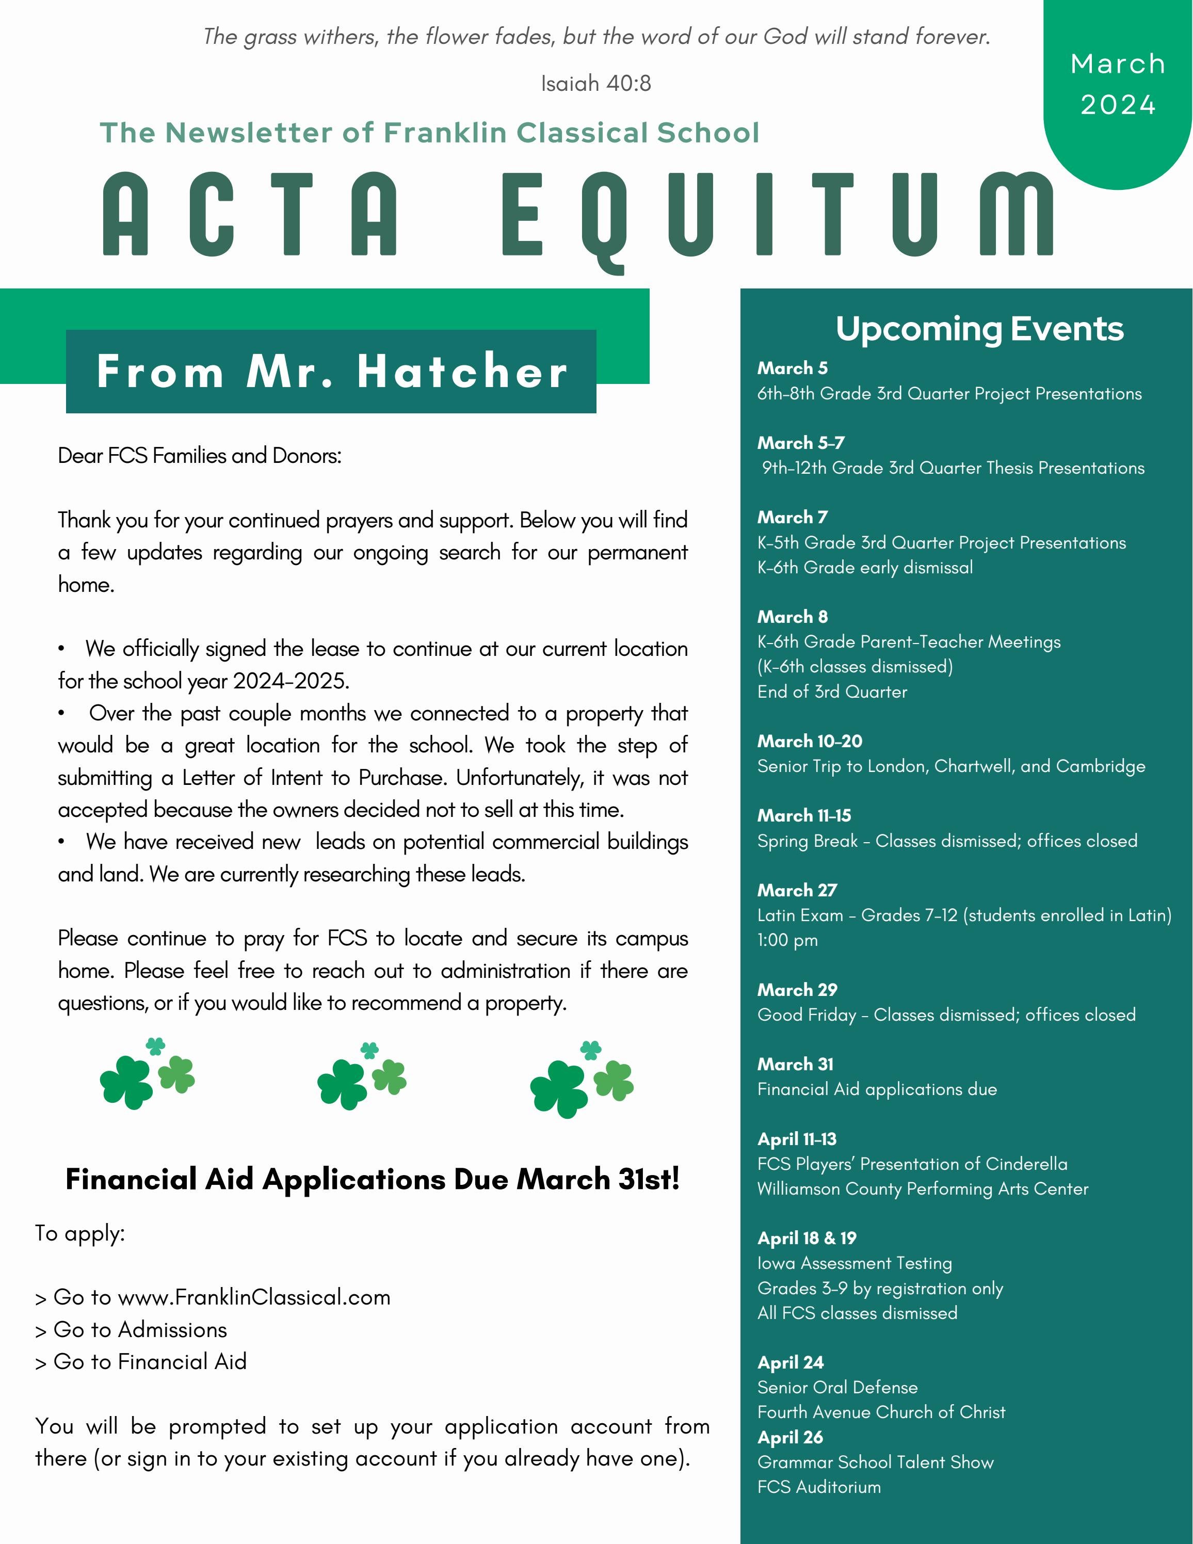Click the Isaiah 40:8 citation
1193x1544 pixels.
(596, 84)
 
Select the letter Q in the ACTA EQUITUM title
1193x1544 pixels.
(603, 219)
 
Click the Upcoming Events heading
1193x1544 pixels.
(979, 329)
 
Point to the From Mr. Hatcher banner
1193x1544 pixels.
(331, 371)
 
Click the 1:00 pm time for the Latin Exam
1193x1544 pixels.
(787, 940)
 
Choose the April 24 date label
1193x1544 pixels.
(790, 1362)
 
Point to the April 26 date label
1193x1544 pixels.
(790, 1437)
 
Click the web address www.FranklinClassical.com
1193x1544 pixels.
(254, 1297)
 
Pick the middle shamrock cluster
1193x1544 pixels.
(361, 1075)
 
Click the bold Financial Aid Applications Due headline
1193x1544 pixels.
(373, 1179)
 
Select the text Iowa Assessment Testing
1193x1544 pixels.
(855, 1263)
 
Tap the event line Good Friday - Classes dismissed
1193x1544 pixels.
(946, 1015)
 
